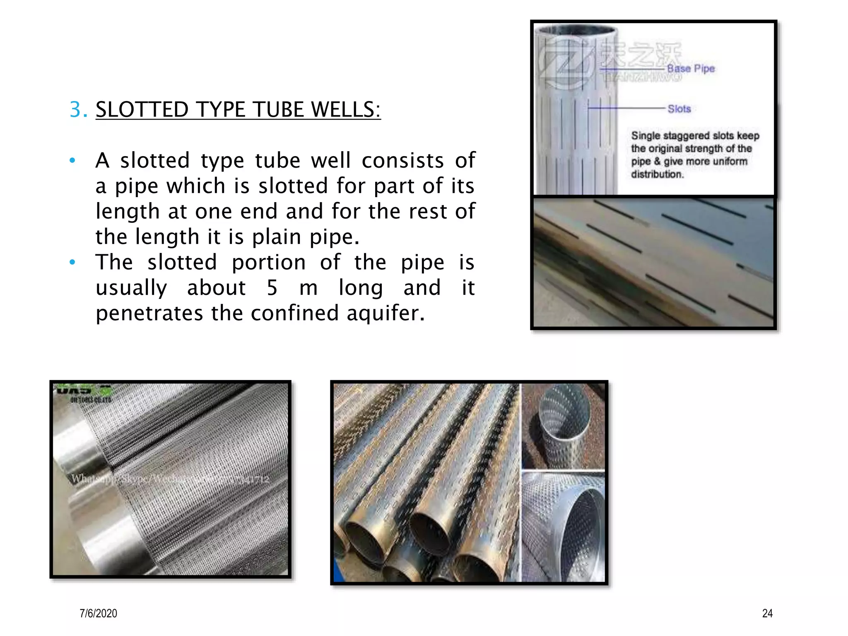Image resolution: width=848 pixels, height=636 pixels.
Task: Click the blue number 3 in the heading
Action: pos(77,110)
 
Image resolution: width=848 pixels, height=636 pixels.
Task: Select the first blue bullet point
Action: pos(72,161)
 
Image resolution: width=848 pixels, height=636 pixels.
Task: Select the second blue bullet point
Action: pos(72,263)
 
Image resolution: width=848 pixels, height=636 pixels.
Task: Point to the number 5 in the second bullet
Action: pos(272,288)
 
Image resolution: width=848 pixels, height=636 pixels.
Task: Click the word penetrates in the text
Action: pos(149,313)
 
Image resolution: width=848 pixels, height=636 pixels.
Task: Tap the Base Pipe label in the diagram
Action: pos(691,69)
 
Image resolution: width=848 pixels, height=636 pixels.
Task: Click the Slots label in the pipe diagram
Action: pos(679,109)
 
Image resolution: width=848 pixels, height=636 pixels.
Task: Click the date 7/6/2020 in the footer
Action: pos(99,613)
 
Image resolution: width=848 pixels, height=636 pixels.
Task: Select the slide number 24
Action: pos(767,613)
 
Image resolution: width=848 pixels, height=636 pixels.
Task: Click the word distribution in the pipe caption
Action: pos(657,174)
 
